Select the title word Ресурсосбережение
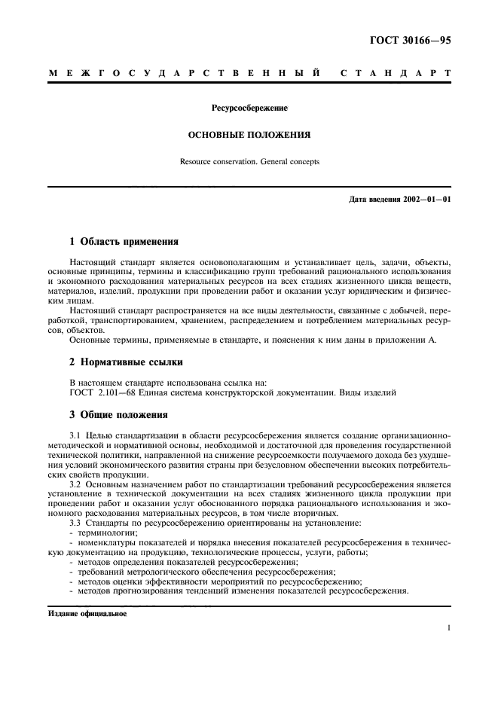tap(249, 108)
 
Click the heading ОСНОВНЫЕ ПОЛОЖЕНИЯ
tap(249, 136)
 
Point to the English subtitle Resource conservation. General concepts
tap(249, 161)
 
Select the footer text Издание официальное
tap(87, 615)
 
